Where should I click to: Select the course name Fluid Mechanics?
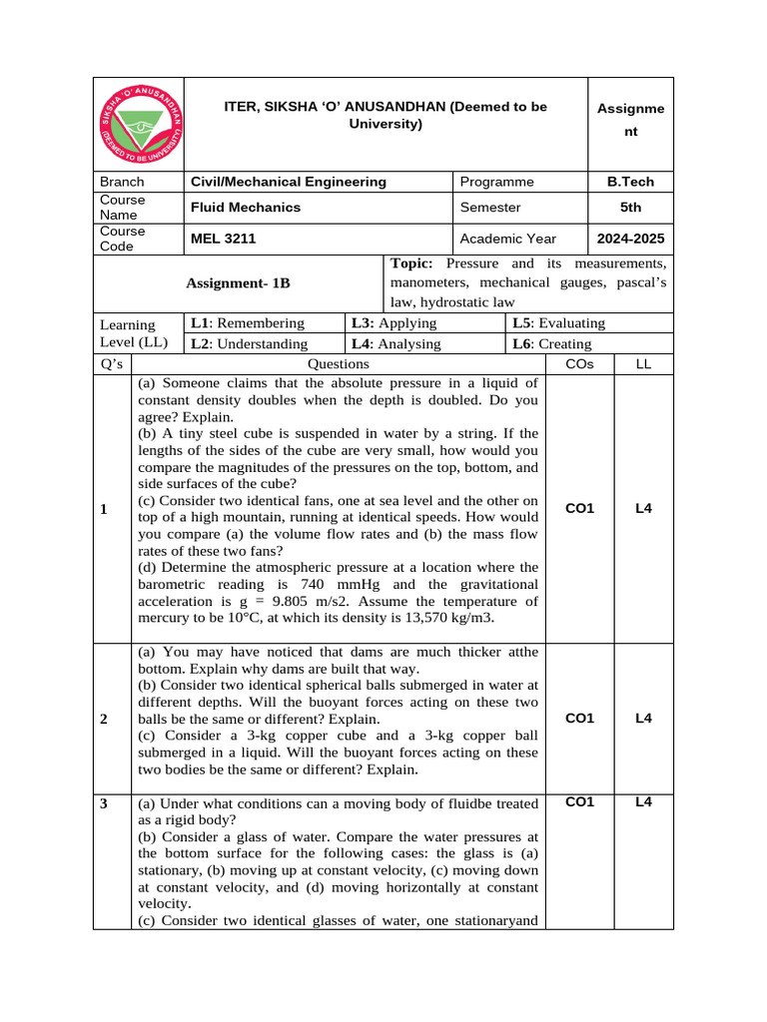point(246,208)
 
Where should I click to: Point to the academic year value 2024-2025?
point(630,239)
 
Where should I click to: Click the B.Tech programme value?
point(630,182)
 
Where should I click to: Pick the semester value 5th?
point(630,208)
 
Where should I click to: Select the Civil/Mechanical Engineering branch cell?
point(289,182)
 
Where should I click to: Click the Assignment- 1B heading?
point(238,283)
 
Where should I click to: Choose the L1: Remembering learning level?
point(248,322)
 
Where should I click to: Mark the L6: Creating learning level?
point(551,343)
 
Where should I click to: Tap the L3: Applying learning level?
point(394,322)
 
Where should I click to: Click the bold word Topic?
point(411,263)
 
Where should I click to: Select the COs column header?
point(579,364)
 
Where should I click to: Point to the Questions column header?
point(339,364)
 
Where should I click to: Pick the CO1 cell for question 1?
point(579,508)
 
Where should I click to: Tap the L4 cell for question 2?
point(644,718)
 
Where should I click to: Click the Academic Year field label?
point(508,239)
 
